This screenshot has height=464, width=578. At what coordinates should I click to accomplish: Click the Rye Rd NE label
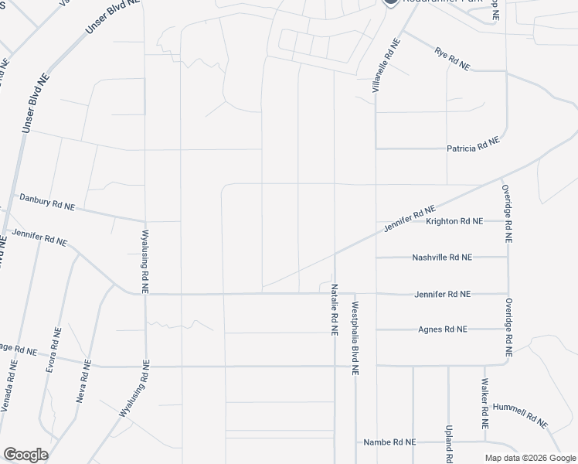tap(453, 60)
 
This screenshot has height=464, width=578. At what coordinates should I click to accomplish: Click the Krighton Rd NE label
tap(454, 221)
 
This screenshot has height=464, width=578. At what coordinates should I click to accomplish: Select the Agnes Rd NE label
tap(443, 329)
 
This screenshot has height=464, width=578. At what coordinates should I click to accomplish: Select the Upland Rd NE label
tap(448, 438)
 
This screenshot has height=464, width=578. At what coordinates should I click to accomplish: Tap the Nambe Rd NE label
tap(389, 442)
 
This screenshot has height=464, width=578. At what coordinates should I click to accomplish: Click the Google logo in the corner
tap(25, 455)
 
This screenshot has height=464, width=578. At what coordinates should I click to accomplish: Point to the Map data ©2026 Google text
tap(530, 458)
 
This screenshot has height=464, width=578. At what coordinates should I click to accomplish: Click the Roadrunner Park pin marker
tap(391, 2)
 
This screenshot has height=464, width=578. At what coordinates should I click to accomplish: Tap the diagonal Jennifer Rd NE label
tap(410, 218)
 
